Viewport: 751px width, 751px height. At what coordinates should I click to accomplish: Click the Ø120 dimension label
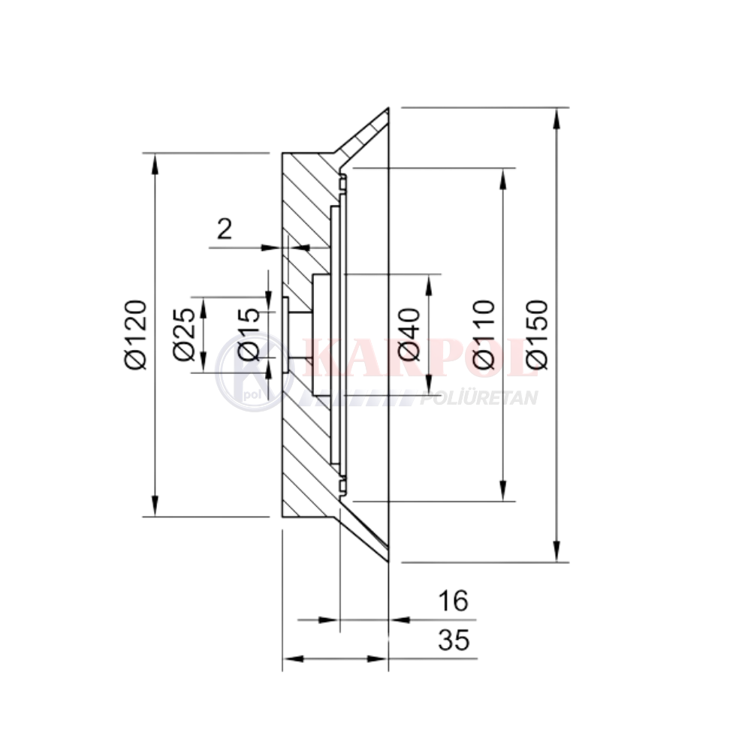pos(134,335)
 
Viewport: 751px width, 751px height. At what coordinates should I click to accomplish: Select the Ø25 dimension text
pos(185,334)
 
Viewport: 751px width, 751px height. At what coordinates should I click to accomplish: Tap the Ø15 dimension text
pos(249,334)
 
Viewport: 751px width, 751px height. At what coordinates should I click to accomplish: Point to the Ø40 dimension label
pos(409,334)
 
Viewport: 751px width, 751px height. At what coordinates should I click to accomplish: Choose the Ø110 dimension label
pos(483,335)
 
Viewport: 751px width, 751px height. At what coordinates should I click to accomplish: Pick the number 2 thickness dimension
pos(225,228)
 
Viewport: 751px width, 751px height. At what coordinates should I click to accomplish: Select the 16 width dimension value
pos(453,601)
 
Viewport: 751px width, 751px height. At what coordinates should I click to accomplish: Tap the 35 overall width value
pos(454,640)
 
